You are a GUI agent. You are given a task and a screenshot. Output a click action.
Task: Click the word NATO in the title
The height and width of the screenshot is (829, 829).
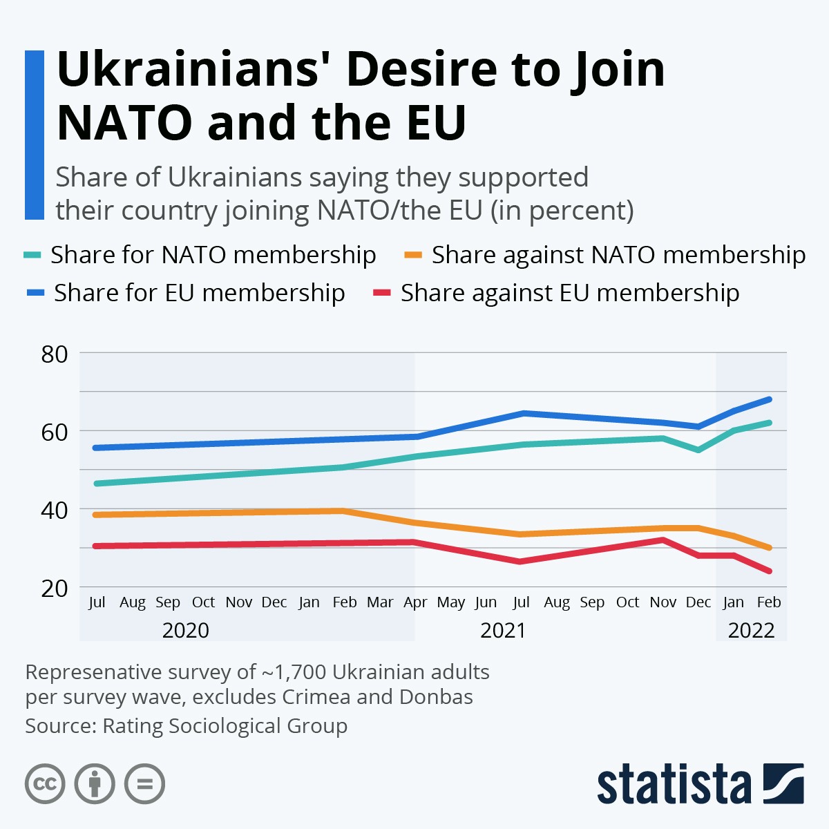coord(124,123)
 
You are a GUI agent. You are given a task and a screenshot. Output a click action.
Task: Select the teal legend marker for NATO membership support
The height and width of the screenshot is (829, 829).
coord(32,255)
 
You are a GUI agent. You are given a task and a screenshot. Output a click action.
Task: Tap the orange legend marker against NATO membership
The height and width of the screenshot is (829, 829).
coord(413,255)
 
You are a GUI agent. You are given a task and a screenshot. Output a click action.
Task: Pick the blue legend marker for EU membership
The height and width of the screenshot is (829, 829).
coord(35,293)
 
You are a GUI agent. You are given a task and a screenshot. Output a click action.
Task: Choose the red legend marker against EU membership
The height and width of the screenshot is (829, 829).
coord(382,293)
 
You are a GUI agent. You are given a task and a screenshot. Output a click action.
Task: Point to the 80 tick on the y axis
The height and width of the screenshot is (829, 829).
coord(55,354)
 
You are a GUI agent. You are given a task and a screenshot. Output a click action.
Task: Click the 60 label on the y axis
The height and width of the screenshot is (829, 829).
coord(55,432)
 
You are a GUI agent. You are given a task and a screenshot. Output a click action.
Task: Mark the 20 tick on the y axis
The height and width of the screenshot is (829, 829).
coord(55,588)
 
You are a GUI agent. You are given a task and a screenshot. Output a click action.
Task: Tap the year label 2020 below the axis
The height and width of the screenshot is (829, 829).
coord(185,630)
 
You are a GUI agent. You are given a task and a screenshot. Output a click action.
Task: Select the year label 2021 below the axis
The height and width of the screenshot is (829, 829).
coord(503,630)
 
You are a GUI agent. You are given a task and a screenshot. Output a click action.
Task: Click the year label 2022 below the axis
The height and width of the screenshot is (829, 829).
coord(751,630)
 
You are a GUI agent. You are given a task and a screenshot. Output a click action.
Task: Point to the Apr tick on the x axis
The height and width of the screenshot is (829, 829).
coord(415,602)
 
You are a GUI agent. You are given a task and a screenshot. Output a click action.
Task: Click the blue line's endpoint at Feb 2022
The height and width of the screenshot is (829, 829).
coord(769,399)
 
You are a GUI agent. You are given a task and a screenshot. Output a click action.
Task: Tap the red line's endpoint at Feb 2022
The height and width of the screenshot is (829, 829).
coord(769,571)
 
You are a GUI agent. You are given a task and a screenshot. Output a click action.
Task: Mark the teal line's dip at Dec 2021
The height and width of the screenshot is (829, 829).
coord(698,450)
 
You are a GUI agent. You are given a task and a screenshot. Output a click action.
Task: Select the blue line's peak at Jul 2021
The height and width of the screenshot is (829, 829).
coord(522,413)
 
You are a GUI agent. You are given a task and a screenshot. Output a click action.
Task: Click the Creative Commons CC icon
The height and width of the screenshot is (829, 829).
coord(45,784)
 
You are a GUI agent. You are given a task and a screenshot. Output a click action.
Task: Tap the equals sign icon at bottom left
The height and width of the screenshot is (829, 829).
coord(144,784)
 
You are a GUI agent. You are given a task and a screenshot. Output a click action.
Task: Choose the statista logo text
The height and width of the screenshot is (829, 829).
coord(674,784)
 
